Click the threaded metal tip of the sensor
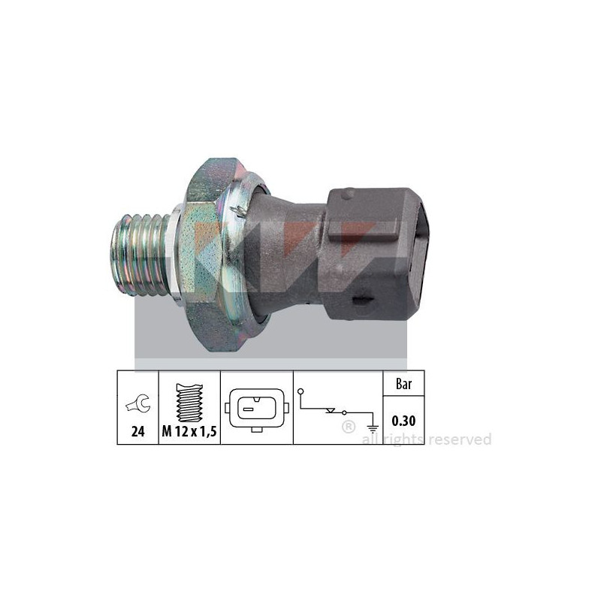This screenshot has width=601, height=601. pyautogui.click(x=140, y=255)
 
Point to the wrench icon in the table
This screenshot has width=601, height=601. pyautogui.click(x=138, y=403)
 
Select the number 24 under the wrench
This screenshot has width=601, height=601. pyautogui.click(x=137, y=431)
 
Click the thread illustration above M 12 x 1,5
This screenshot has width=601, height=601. pyautogui.click(x=189, y=403)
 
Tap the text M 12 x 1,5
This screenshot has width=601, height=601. pyautogui.click(x=189, y=431)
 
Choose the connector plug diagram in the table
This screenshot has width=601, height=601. pyautogui.click(x=257, y=410)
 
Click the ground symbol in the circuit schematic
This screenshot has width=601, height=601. pyautogui.click(x=373, y=428)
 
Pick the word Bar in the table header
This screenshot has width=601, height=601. pyautogui.click(x=403, y=384)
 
